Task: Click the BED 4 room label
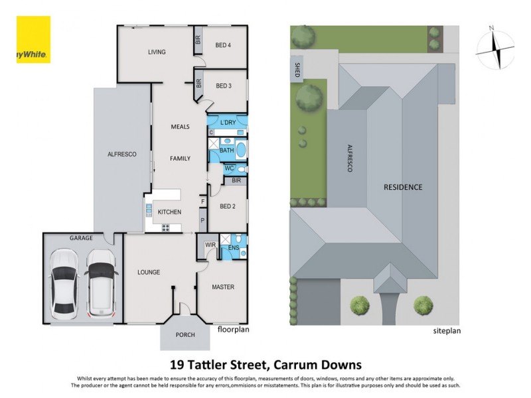[222, 45]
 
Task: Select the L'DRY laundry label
[228, 123]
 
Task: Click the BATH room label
[226, 151]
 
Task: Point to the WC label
[228, 168]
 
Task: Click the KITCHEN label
[169, 212]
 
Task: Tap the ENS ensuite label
[233, 247]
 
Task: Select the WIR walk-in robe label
[211, 245]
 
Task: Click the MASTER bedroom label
[222, 287]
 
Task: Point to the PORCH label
[185, 335]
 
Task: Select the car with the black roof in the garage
[101, 280]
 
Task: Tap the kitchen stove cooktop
[166, 228]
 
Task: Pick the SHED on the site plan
[297, 70]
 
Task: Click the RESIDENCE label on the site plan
[402, 187]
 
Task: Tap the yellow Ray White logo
[33, 40]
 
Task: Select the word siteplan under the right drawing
[447, 330]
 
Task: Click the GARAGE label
[82, 237]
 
